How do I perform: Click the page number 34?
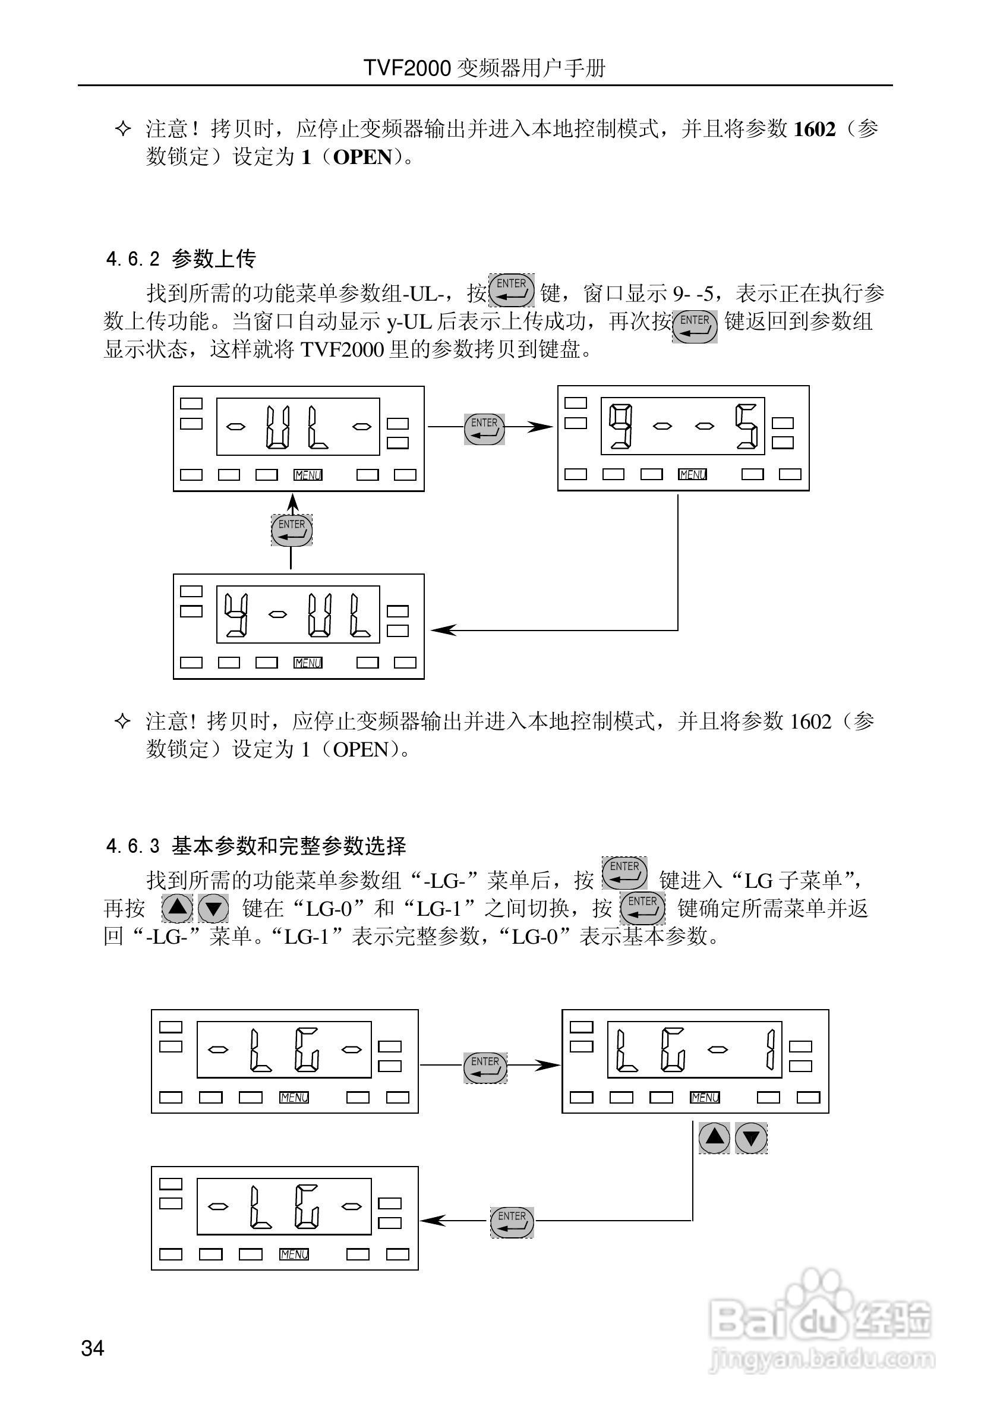(x=93, y=1348)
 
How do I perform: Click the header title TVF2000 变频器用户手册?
(x=484, y=68)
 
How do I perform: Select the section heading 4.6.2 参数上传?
(x=181, y=259)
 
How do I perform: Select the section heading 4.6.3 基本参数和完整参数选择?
(x=256, y=846)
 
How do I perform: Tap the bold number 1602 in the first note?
(x=814, y=130)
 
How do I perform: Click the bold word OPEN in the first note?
(x=362, y=157)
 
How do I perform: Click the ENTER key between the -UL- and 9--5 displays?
(x=484, y=428)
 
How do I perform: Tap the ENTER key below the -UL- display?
(x=292, y=530)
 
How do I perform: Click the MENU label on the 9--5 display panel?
(x=693, y=475)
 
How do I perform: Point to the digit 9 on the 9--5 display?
(x=620, y=426)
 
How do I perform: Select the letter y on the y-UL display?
(x=236, y=614)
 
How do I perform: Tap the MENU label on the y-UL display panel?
(x=308, y=663)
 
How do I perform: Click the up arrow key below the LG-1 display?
(x=714, y=1137)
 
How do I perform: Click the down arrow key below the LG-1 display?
(x=752, y=1137)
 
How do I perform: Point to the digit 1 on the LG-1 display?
(x=769, y=1050)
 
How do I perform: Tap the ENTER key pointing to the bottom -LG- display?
(x=512, y=1221)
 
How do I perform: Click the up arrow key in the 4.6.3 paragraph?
(x=178, y=908)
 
